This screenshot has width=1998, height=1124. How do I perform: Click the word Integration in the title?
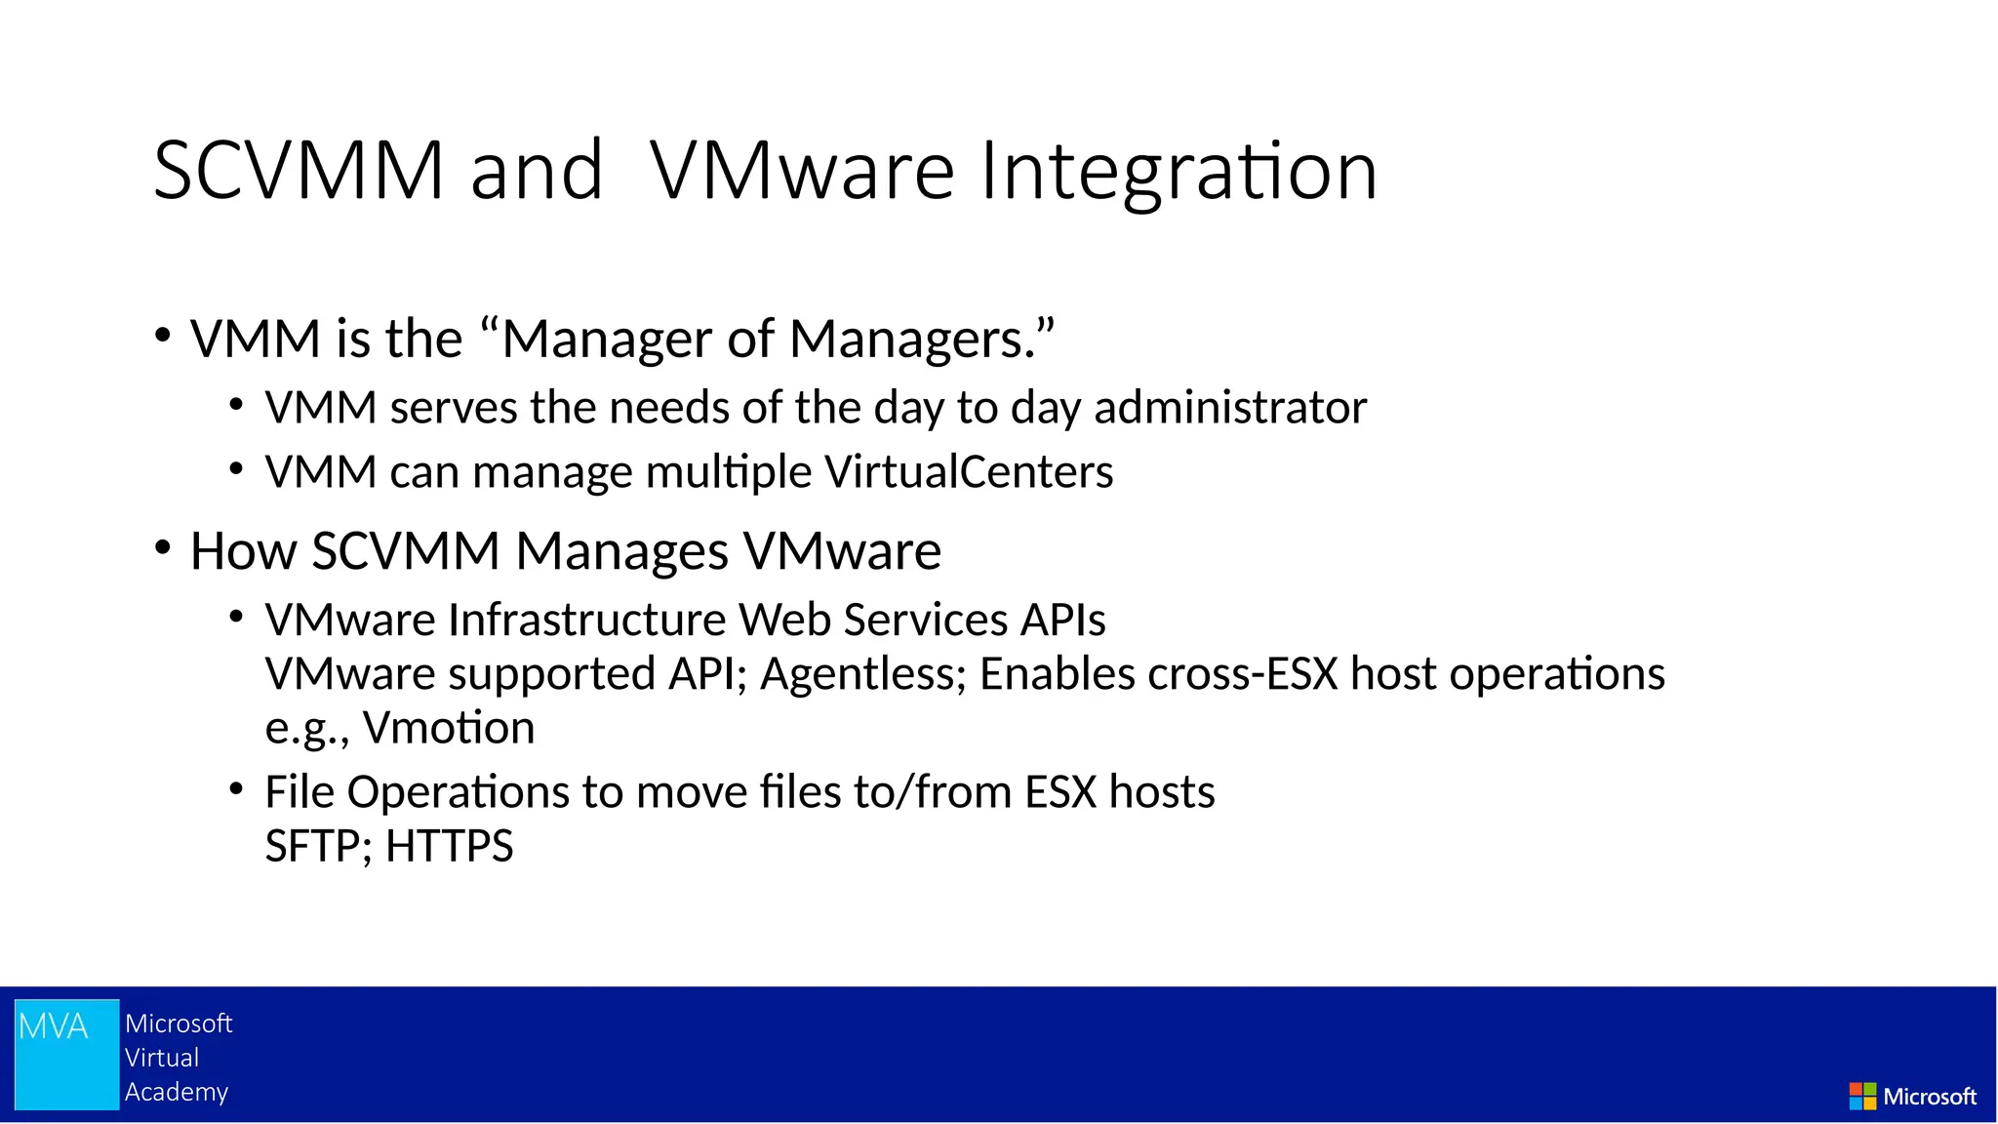(x=1179, y=172)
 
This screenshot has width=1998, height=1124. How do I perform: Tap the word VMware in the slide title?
(x=802, y=172)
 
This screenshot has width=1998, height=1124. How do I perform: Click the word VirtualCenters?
(x=968, y=472)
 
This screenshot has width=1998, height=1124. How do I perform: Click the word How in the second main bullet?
(x=243, y=551)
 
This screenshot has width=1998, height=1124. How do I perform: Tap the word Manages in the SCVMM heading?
(x=621, y=551)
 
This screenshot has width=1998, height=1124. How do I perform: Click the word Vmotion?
(x=449, y=729)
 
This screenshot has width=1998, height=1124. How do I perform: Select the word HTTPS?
(x=449, y=847)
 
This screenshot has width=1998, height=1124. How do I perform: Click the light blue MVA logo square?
(x=66, y=1054)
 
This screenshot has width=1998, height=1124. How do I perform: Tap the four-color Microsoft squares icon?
(x=1861, y=1096)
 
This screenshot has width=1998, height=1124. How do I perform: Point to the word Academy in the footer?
(x=177, y=1092)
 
